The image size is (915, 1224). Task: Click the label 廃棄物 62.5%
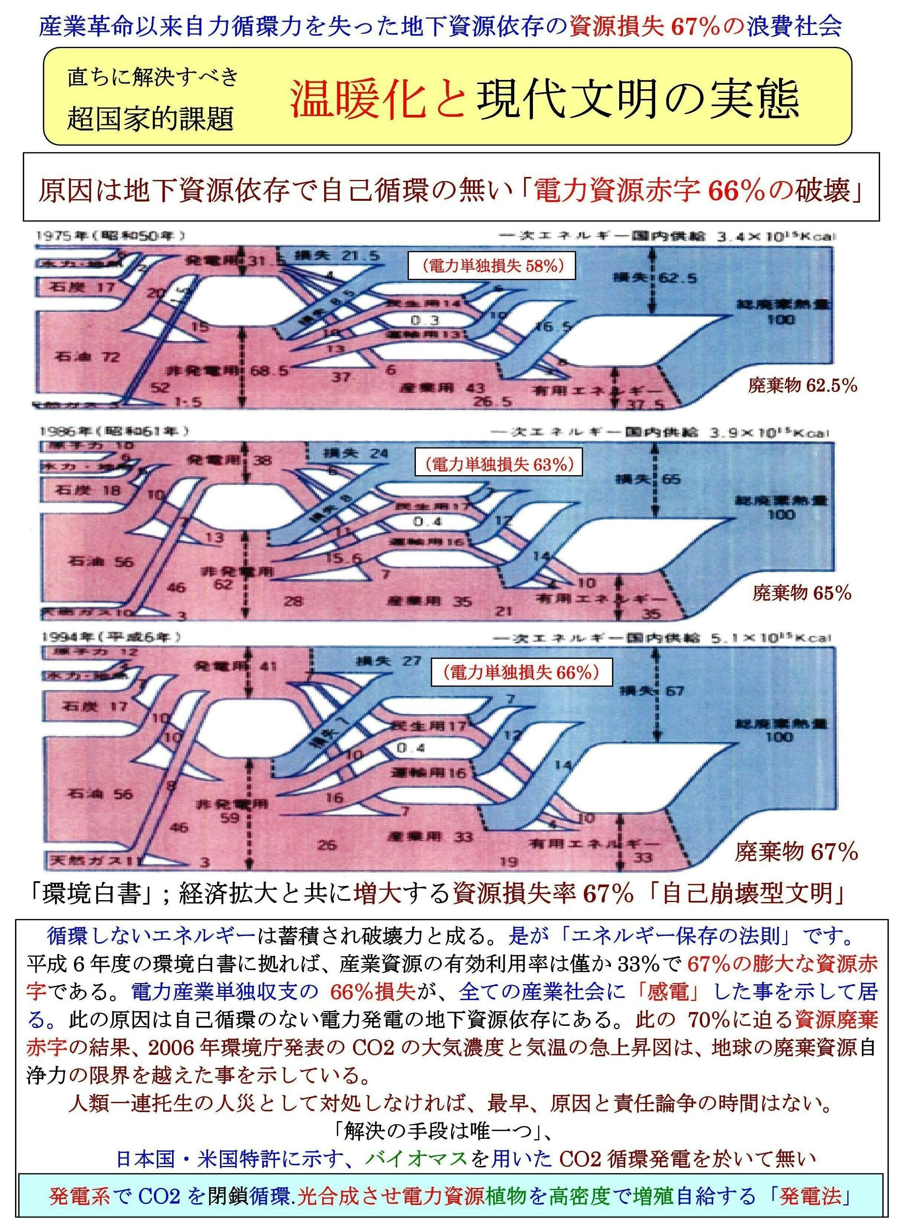[802, 385]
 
